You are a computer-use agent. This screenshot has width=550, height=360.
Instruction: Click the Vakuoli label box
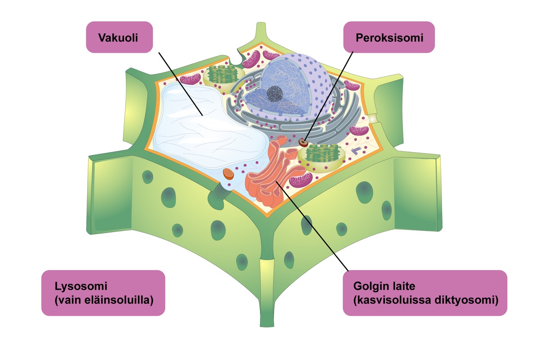coord(119,37)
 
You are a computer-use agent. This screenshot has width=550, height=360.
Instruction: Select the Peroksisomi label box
coord(389,37)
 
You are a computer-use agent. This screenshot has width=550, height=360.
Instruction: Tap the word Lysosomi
coord(81,287)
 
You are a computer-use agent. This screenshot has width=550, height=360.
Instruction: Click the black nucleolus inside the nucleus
coord(275,94)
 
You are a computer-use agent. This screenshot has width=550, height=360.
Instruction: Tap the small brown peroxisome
coord(304,143)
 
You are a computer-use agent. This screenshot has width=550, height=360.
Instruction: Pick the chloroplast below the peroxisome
coord(322,157)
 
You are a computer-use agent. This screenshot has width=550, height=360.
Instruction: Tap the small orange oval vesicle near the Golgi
coord(228,174)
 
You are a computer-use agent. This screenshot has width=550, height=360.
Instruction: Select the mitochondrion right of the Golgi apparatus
coord(301,180)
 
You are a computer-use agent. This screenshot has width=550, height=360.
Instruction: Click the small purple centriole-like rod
coord(356,150)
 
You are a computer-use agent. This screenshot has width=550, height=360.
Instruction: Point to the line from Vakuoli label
coord(180,84)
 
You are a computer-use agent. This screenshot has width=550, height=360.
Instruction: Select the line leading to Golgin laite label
coord(312,226)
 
